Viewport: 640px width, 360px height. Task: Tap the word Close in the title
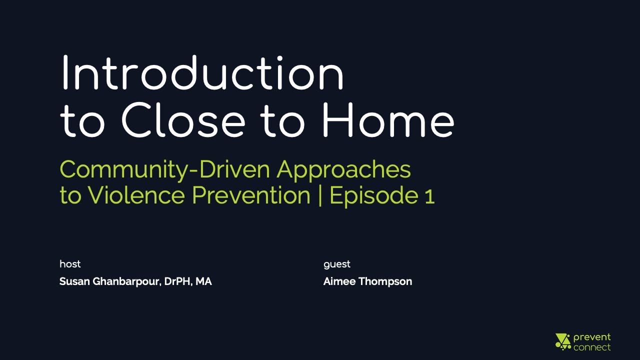[x=183, y=121]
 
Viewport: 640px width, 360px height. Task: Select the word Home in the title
[x=387, y=121]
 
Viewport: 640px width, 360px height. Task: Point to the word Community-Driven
[x=165, y=169]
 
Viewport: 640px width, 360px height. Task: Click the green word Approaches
[x=344, y=170]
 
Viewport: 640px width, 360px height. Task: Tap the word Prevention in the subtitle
[x=251, y=195]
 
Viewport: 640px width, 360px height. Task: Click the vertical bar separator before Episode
[x=320, y=195]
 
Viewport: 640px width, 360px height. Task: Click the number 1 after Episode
[x=429, y=196]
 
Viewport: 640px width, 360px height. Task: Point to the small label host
[x=70, y=264]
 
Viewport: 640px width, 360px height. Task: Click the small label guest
[x=337, y=264]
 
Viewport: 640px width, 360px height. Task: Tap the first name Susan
[x=74, y=281]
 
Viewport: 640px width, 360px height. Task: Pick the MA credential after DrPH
[x=203, y=281]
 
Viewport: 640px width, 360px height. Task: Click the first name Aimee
[x=338, y=281]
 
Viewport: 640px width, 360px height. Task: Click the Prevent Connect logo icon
[x=563, y=341]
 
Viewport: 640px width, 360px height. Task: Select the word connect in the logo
[x=592, y=347]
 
